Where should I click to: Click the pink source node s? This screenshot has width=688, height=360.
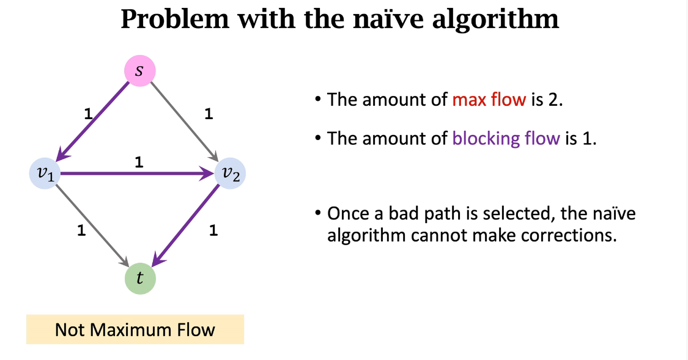[140, 71]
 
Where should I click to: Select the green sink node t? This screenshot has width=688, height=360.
[140, 279]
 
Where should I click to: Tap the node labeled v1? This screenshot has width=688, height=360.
[45, 174]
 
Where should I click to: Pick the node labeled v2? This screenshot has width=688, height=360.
[231, 174]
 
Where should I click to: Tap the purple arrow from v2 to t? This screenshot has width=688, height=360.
[186, 226]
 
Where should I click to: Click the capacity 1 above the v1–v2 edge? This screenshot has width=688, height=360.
[138, 163]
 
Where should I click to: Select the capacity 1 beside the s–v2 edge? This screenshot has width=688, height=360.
[209, 114]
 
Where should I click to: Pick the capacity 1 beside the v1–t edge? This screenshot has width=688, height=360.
[81, 231]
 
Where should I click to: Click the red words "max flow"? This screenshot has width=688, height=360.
[489, 100]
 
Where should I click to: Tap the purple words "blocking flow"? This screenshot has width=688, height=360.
[506, 138]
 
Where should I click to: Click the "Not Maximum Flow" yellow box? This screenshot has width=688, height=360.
[135, 330]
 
